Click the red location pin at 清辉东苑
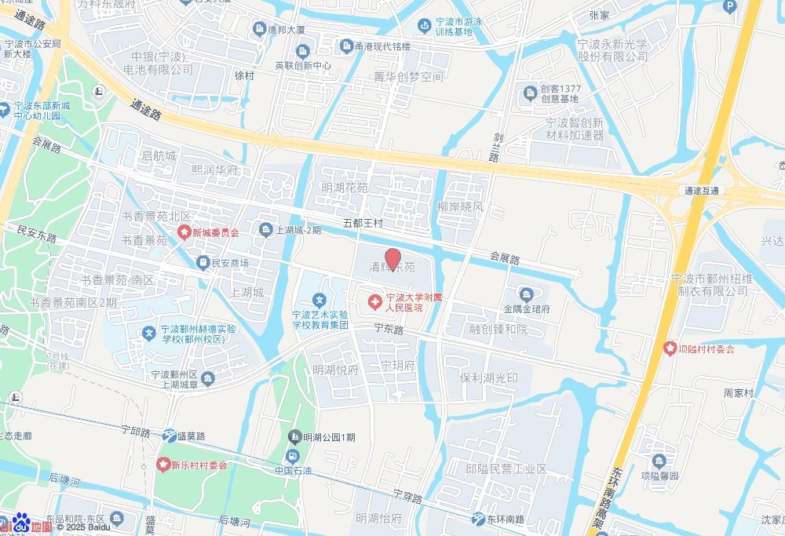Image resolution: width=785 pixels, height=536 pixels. [393, 259]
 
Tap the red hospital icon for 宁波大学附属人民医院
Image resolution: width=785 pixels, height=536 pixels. [375, 301]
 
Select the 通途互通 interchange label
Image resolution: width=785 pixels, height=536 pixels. [701, 190]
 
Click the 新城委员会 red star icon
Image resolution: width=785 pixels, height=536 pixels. [184, 232]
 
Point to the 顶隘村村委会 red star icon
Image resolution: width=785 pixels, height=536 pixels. [670, 348]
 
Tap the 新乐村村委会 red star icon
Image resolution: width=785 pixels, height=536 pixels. [163, 465]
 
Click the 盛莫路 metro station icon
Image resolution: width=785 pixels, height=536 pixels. [170, 436]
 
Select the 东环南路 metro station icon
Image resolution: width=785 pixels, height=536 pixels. [479, 519]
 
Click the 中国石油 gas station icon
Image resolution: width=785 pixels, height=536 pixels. [293, 455]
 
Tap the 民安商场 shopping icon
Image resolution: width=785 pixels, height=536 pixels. [203, 263]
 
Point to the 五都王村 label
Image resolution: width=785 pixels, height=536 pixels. [363, 224]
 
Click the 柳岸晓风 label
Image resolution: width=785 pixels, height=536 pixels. [461, 207]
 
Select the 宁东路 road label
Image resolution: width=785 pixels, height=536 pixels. [388, 330]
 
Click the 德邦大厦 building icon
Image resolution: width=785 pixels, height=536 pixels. [258, 30]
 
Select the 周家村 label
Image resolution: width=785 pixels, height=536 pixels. [738, 392]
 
